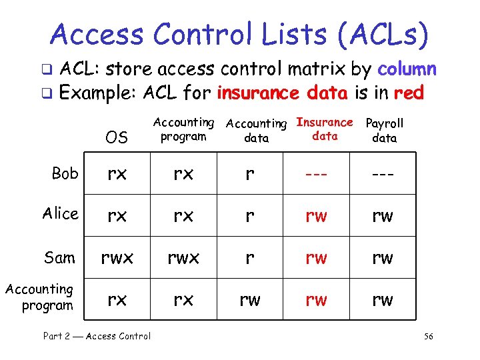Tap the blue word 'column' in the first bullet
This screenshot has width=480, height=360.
tap(407, 69)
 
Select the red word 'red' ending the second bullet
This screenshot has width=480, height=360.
tap(409, 93)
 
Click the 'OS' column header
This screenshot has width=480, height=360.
tap(117, 137)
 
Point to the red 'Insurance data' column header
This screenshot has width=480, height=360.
tap(325, 129)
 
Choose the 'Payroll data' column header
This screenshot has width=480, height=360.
tap(385, 131)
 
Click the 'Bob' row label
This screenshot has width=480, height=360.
tap(65, 173)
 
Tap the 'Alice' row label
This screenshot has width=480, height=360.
tap(60, 213)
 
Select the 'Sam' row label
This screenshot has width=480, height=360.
tap(59, 257)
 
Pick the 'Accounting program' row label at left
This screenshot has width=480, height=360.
tap(40, 297)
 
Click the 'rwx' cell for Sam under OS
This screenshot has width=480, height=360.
tap(117, 258)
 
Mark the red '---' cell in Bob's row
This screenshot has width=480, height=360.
tap(316, 174)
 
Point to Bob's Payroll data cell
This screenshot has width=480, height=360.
tap(383, 174)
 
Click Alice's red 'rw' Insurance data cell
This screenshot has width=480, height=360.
tap(316, 215)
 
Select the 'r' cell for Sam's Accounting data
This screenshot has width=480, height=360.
tap(249, 258)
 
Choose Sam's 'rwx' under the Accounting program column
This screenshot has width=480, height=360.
tap(183, 258)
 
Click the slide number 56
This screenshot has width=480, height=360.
tap(428, 337)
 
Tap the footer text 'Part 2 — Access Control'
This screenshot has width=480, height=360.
tap(97, 337)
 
